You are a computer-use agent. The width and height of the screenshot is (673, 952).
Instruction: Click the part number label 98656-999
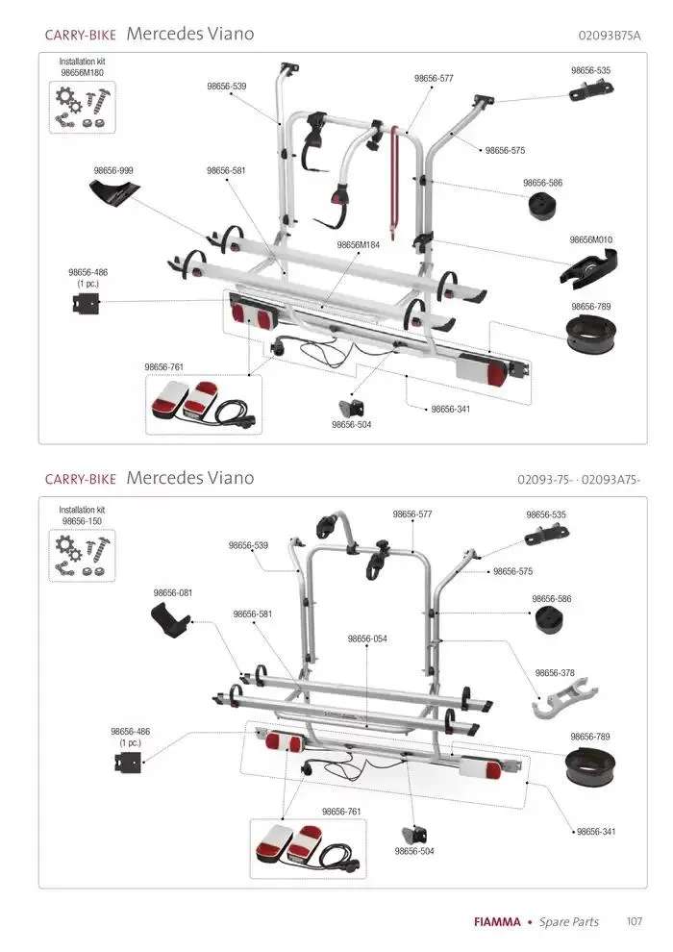pos(113,170)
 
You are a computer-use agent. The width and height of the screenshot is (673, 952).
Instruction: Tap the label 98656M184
pos(358,245)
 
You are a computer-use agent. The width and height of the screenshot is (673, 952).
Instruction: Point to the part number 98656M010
pos(590,239)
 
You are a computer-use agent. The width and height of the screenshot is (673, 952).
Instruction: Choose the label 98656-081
pos(173,593)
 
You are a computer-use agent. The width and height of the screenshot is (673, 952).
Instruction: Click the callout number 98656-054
pos(367,639)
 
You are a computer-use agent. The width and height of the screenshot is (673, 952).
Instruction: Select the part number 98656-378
pos(555,673)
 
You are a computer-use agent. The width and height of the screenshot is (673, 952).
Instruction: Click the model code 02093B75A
pos(610,36)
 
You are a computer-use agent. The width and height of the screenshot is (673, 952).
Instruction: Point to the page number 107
pos(634,921)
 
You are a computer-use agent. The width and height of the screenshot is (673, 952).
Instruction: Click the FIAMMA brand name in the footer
pos(497,922)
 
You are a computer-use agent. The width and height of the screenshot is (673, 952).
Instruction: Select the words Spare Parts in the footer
pos(568,922)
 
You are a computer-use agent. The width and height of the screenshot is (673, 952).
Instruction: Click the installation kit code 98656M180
pos(82,72)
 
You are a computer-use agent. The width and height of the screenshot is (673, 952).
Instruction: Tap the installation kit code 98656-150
pos(82,521)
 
